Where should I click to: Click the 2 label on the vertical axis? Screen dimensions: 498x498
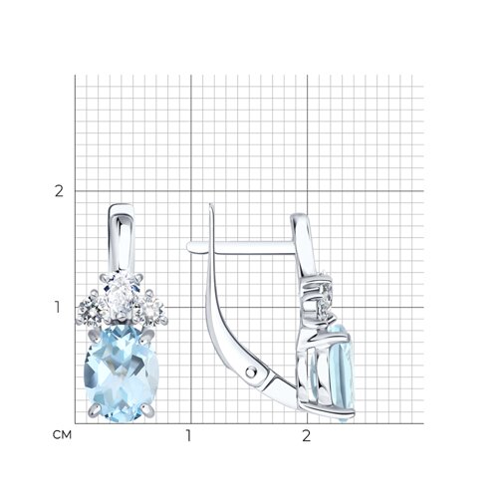pos(59,191)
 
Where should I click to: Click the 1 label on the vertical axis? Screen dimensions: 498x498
pos(58,307)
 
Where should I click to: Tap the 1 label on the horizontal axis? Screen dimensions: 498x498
pos(188,435)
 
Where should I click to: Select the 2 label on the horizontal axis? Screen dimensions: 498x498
pos(306,435)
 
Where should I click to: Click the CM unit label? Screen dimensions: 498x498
pos(62,435)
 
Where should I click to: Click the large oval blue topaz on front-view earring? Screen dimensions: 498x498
pos(122,373)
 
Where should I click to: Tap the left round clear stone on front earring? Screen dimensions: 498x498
pos(92,310)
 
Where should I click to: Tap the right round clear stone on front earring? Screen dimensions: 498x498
pos(151,310)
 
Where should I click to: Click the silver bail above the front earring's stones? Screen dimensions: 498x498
pos(121,238)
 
